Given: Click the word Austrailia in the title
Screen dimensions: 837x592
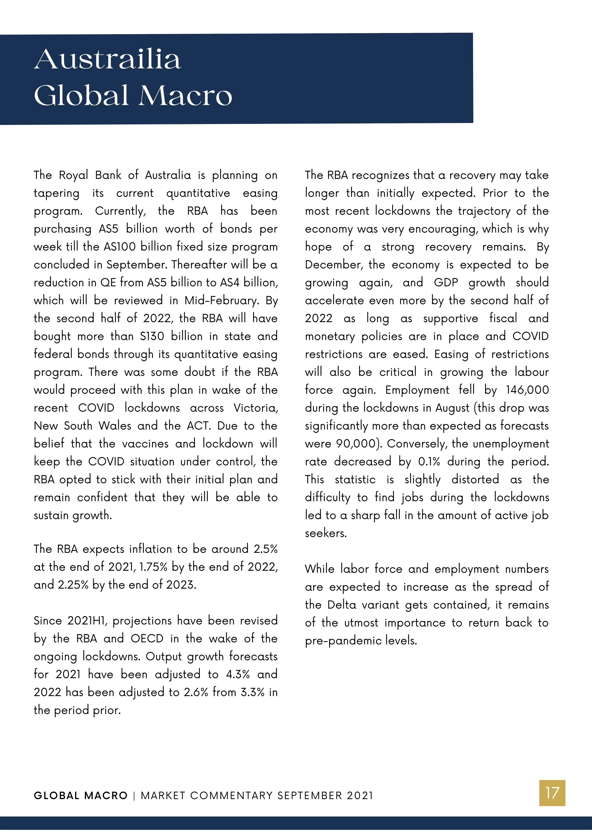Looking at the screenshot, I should (107, 59).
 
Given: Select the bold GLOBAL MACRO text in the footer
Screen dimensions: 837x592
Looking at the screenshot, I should (81, 795).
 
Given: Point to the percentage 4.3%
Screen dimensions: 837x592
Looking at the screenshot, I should (238, 674).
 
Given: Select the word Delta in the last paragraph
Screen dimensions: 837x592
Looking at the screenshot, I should (341, 605).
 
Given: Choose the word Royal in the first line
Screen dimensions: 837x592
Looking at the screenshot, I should (73, 175).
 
